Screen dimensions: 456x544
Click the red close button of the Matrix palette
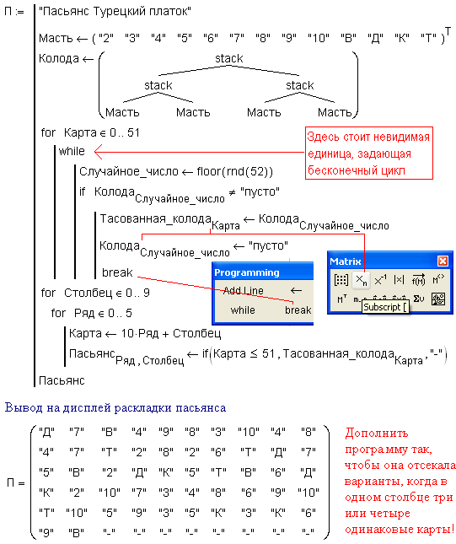point(443,261)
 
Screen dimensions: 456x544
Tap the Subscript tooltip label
point(385,307)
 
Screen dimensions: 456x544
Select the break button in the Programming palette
point(298,310)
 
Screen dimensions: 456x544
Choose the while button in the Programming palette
point(243,310)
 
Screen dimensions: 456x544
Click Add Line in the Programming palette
point(244,290)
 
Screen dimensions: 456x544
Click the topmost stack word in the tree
point(229,58)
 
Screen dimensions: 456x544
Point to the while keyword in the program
point(72,151)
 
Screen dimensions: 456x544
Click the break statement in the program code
point(117,272)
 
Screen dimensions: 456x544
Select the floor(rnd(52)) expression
point(235,171)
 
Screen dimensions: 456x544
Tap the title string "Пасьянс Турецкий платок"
point(115,12)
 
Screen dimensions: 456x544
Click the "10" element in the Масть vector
point(319,37)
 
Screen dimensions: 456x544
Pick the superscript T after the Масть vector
point(448,31)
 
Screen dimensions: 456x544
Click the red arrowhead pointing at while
point(98,152)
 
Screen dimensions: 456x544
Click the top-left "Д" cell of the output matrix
point(47,432)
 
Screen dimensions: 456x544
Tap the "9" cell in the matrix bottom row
point(46,532)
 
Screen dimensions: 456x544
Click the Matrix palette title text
point(346,261)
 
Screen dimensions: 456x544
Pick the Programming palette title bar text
point(247,272)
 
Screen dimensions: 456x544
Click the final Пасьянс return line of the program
point(62,380)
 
